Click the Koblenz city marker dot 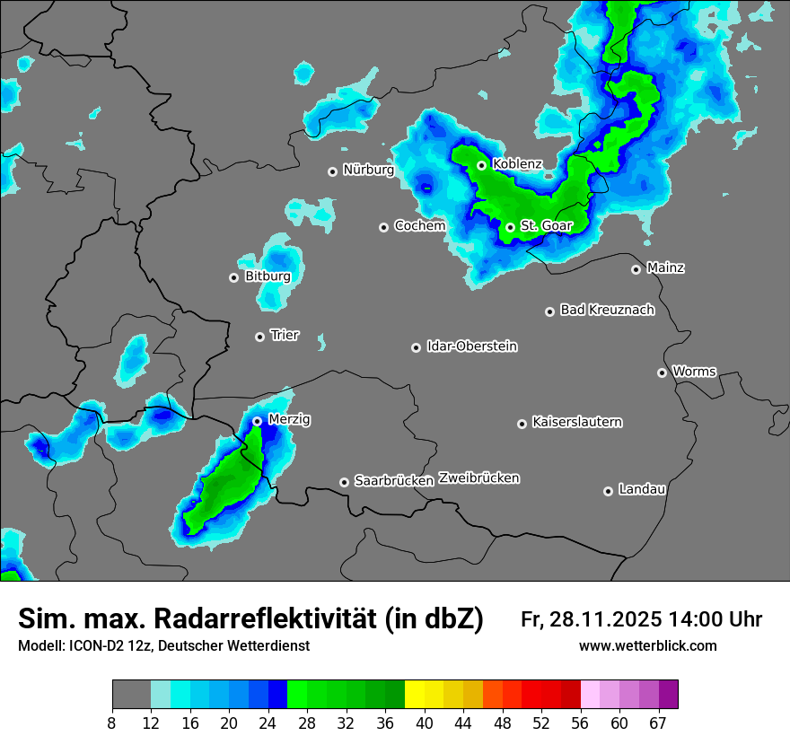click(x=482, y=165)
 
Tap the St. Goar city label click(x=546, y=226)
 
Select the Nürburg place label click(x=368, y=170)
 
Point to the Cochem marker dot click(x=383, y=227)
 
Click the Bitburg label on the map click(x=268, y=276)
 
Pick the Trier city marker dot click(x=260, y=337)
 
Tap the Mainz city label click(x=665, y=267)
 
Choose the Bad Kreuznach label click(x=607, y=311)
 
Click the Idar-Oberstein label click(x=471, y=346)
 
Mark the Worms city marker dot click(x=662, y=372)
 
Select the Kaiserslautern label click(x=576, y=422)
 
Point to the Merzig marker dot click(x=257, y=421)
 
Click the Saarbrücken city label click(x=394, y=481)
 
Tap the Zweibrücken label click(x=479, y=478)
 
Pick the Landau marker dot click(x=608, y=491)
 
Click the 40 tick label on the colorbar click(x=425, y=723)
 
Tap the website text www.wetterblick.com click(x=648, y=645)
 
